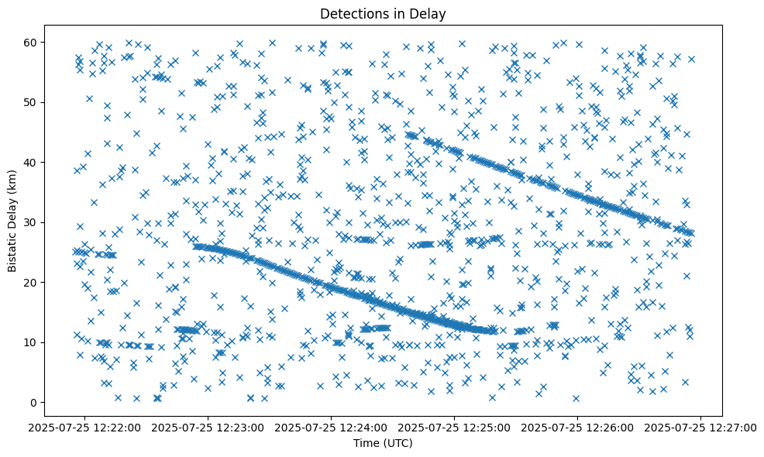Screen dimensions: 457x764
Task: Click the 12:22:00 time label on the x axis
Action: point(84,427)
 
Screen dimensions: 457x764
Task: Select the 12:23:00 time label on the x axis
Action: point(208,427)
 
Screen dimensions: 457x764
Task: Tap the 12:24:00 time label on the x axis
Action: point(331,427)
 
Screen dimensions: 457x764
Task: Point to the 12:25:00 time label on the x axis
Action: point(455,427)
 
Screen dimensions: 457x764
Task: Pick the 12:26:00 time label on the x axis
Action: point(578,427)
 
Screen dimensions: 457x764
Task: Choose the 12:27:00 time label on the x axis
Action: point(701,427)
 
